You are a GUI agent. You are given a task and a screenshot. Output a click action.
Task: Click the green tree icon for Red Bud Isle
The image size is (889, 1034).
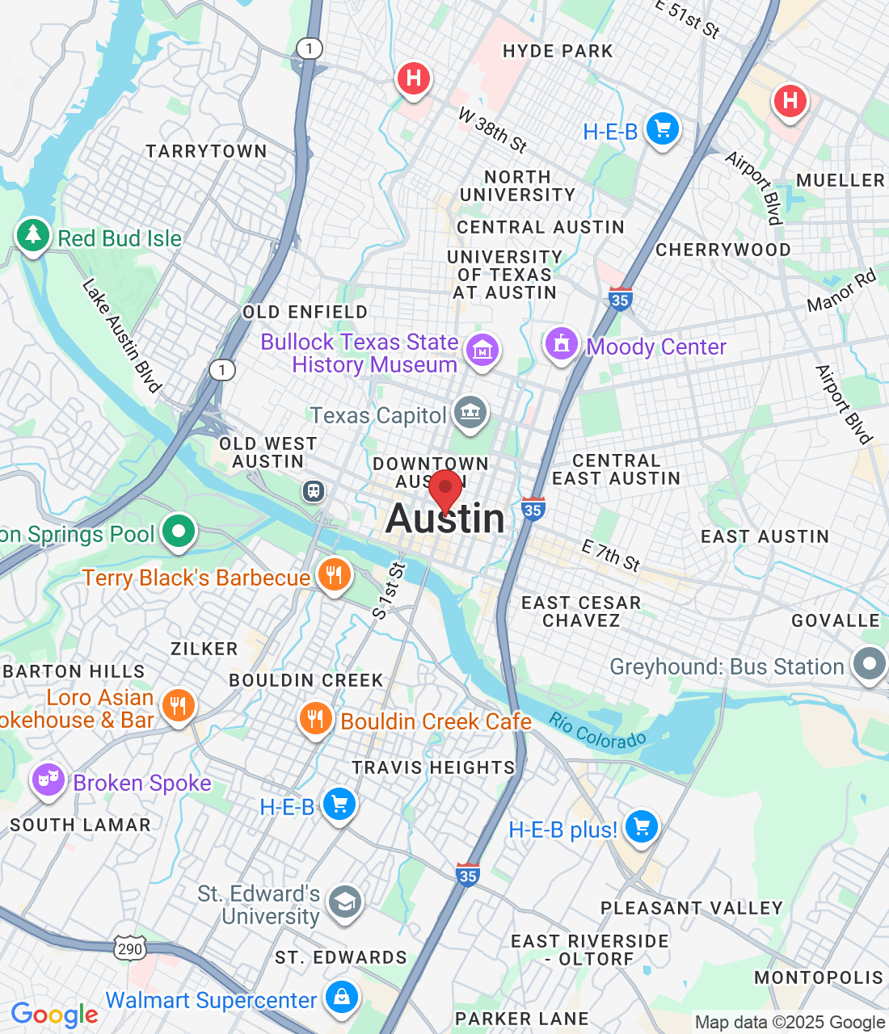coord(32,235)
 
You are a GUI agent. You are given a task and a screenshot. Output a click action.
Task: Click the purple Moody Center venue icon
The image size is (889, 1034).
coord(562,344)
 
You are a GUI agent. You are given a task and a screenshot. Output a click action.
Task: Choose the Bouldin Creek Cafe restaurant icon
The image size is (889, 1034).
coord(315,718)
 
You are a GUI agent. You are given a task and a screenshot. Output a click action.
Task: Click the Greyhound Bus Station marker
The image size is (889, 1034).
coord(870,665)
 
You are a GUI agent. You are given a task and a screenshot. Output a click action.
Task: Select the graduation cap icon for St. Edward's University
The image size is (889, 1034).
coord(345,902)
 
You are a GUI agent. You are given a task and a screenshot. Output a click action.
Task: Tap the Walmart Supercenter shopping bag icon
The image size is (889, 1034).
coord(342,998)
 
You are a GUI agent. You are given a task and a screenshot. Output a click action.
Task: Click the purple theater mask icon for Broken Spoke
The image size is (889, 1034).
coord(48,780)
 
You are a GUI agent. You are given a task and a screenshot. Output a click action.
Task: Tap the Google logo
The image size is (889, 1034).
coord(54,1015)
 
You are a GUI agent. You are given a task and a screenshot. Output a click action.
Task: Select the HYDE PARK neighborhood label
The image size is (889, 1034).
coord(558,52)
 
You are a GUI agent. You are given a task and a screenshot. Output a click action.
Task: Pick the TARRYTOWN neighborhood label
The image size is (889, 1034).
coord(206,152)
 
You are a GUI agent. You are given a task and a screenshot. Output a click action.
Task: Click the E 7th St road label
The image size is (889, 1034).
coord(611,557)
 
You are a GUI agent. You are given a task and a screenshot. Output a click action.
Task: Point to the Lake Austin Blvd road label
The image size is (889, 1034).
coord(122,336)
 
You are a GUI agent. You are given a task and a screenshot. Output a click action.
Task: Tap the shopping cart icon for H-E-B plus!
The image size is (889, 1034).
coord(642,826)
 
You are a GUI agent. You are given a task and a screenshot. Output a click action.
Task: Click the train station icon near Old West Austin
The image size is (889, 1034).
coord(314,490)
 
